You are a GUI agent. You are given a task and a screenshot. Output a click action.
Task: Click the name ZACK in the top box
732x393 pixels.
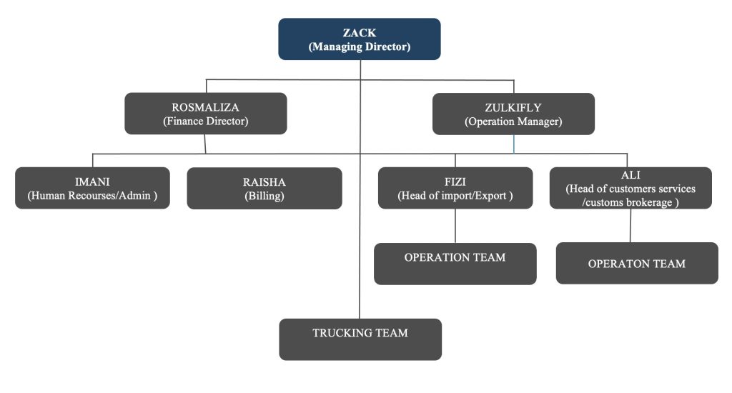coord(360,33)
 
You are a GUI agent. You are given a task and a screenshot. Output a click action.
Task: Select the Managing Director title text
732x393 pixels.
coord(360,46)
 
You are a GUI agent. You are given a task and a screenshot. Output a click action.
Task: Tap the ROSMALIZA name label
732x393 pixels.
coord(205,107)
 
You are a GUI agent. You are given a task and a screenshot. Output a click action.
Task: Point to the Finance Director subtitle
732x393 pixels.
coord(205,121)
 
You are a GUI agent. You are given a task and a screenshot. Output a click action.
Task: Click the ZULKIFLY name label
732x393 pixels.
coord(513,107)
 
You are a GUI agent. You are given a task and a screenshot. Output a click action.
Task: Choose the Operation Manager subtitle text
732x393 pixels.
coord(513,121)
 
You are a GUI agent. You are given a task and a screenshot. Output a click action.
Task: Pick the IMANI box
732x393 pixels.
coord(92,188)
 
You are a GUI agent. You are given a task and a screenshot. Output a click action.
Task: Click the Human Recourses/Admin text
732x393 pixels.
coord(92,196)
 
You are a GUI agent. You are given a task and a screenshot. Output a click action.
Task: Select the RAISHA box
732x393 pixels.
coord(264,188)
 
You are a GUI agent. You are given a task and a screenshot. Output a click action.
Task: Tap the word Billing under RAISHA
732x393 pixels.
coord(264,196)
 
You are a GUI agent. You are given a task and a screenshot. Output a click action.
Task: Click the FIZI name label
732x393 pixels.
coord(455,181)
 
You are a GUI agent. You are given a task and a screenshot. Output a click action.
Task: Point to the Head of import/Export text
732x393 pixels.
coord(455,196)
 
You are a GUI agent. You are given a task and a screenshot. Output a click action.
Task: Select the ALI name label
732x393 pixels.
coord(630,174)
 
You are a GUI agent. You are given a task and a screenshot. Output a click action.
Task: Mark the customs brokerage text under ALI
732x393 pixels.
coord(630,202)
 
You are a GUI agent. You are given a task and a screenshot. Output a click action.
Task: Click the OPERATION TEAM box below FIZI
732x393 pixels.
coord(455,264)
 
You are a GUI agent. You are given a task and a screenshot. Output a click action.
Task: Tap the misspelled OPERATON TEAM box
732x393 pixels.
coord(636,264)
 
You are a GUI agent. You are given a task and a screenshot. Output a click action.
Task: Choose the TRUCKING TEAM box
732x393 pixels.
coord(360,339)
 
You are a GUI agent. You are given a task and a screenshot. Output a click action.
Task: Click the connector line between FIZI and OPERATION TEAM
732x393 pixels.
coord(455,226)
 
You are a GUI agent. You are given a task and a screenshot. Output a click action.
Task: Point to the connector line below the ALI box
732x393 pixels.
coord(630,226)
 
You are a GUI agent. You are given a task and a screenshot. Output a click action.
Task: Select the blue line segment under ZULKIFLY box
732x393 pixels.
coord(513,144)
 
